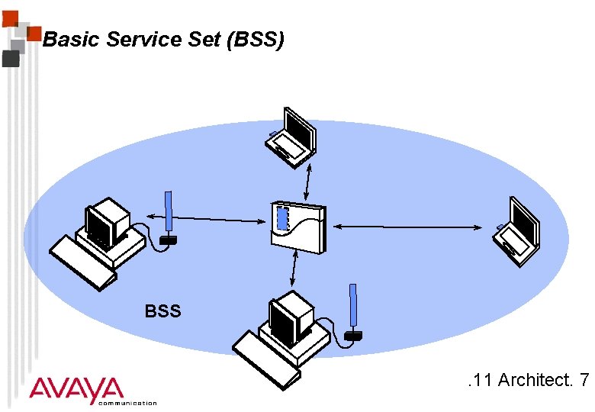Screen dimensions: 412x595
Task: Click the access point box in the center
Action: [x=298, y=227]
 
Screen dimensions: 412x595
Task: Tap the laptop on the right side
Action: [x=518, y=231]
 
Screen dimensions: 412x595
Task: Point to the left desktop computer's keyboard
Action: [x=81, y=263]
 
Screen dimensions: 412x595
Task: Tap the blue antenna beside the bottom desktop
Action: [x=352, y=308]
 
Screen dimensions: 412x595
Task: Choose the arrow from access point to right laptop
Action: [x=408, y=227]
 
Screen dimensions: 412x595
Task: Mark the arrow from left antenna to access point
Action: [x=220, y=220]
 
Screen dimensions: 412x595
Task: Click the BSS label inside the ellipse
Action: [x=162, y=311]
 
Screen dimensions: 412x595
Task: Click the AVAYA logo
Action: [x=76, y=389]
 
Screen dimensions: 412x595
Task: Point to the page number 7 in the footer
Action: [x=584, y=379]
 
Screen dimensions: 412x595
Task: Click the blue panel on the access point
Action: [x=282, y=219]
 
